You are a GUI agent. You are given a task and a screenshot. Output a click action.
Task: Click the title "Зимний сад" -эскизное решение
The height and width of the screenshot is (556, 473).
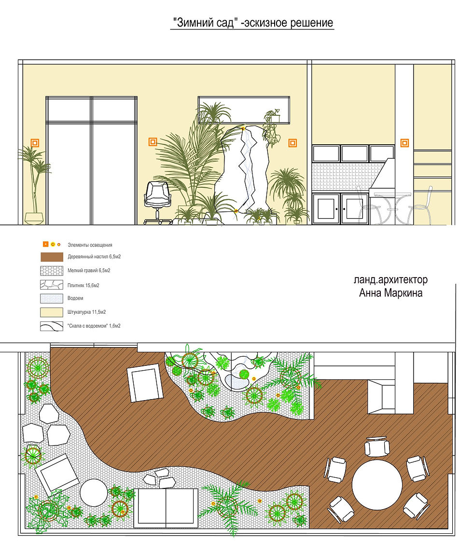[x=252, y=23]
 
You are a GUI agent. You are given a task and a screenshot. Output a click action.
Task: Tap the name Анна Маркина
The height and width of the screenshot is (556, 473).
[x=391, y=293]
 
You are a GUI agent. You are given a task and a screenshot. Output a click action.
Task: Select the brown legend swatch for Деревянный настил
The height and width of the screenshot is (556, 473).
[x=52, y=257]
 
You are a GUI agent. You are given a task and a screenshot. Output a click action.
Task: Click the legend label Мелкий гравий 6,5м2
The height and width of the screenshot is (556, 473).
[x=89, y=271]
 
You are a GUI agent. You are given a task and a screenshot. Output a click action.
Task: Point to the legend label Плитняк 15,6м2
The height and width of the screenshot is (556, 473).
[x=83, y=285]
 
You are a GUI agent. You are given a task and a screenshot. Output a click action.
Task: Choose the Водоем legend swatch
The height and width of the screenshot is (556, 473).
[x=52, y=299]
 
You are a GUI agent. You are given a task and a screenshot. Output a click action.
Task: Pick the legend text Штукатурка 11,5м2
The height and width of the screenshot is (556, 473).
[x=86, y=312]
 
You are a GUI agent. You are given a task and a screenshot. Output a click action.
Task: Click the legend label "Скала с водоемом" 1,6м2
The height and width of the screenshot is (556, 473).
[x=94, y=326]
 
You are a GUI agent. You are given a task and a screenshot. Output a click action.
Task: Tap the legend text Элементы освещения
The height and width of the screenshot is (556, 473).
[x=90, y=245]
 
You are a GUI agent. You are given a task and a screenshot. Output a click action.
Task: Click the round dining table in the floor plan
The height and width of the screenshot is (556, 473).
[x=377, y=485]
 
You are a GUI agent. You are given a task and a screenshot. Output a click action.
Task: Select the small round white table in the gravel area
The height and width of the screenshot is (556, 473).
[x=94, y=493]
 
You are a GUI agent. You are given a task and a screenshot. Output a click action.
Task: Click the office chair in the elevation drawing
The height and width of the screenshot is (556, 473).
[x=158, y=203]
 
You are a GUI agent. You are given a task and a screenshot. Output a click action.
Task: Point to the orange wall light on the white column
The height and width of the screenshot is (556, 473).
[x=404, y=143]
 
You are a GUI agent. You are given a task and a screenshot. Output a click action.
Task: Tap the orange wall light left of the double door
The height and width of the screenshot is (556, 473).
[x=35, y=143]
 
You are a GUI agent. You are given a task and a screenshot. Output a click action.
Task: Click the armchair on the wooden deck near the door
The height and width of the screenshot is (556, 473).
[x=145, y=383]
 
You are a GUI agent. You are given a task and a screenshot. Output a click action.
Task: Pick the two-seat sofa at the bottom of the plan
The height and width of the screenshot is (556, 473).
[x=166, y=508]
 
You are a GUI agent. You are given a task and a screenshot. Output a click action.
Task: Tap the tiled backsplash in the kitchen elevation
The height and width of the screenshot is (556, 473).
[x=348, y=177]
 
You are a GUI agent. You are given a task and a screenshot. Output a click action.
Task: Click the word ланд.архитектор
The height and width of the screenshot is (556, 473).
[x=391, y=280]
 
